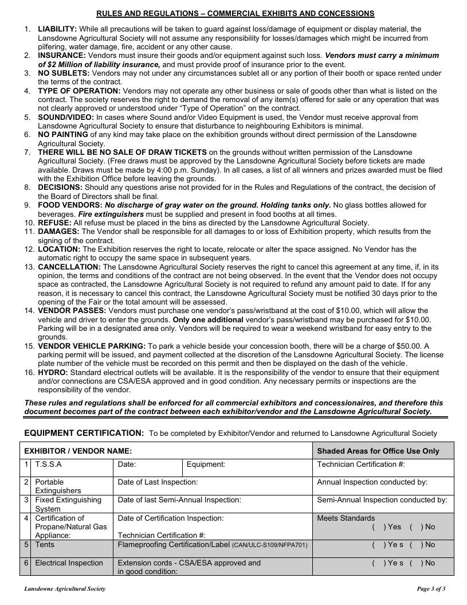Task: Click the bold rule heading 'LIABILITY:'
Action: [57, 29]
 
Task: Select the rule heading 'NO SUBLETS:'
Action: [64, 73]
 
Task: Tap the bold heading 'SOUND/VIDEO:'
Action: [65, 117]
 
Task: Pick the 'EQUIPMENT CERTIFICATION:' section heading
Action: [84, 432]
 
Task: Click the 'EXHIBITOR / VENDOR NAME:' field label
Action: [78, 451]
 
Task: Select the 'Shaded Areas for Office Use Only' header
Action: [378, 451]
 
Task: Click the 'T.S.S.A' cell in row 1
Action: [48, 464]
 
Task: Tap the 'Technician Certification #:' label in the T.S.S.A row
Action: [361, 464]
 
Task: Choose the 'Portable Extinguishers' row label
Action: [58, 486]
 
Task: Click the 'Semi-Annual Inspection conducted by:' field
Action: [382, 499]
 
